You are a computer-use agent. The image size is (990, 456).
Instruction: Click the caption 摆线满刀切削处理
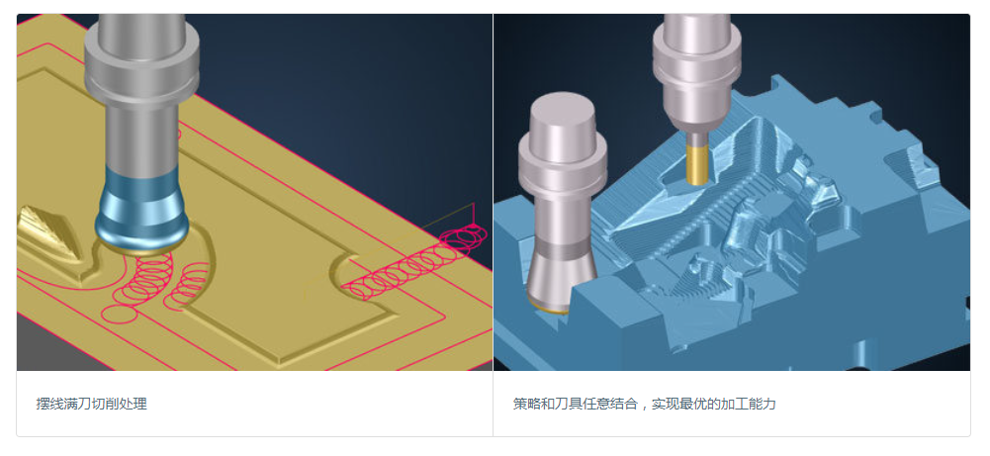92,404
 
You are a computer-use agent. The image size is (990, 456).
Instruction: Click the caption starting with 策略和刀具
645,404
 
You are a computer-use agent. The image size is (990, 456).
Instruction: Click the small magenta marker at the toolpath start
472,226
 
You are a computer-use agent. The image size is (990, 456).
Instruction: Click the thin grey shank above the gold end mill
697,137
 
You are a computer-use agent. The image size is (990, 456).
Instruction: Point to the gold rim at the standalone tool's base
548,308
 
